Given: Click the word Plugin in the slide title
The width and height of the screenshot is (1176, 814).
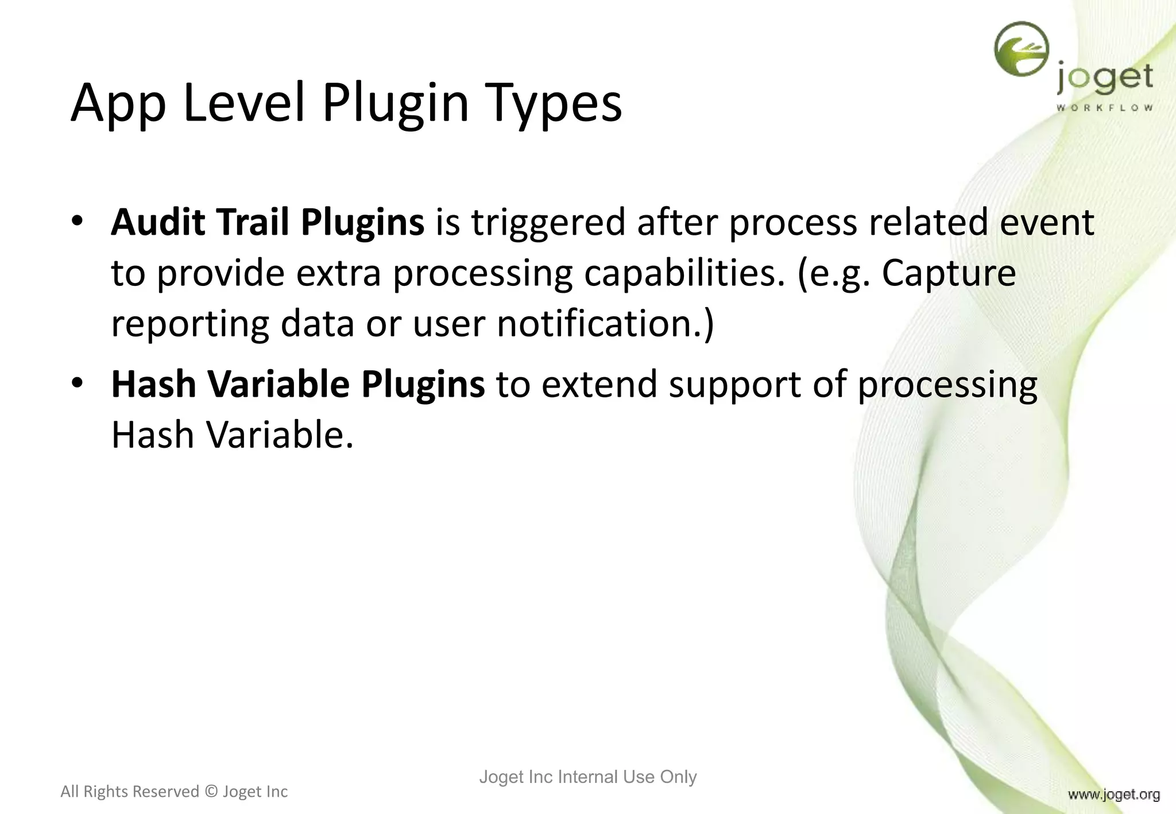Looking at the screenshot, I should [x=395, y=103].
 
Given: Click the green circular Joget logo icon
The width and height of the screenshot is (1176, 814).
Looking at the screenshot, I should [x=1021, y=49].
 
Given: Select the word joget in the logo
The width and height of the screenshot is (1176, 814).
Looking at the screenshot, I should [x=1104, y=79].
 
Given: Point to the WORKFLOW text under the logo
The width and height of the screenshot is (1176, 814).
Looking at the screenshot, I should [x=1104, y=108].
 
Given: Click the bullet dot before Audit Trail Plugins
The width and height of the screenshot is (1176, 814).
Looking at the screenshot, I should [x=78, y=221].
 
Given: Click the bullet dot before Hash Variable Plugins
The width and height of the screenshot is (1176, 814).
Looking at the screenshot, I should [x=78, y=383].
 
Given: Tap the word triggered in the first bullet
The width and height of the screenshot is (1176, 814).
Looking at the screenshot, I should [x=548, y=223].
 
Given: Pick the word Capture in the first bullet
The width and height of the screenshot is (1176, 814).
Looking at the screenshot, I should [x=949, y=273].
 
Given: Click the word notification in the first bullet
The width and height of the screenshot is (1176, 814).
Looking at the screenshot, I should [x=599, y=323].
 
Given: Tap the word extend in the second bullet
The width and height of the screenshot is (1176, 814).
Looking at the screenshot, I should [x=599, y=384].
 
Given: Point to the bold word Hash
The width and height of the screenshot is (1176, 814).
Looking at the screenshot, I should [x=153, y=384].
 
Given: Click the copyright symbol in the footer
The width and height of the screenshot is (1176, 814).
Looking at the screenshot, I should [x=211, y=792].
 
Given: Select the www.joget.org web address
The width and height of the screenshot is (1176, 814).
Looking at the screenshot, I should [x=1113, y=794].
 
